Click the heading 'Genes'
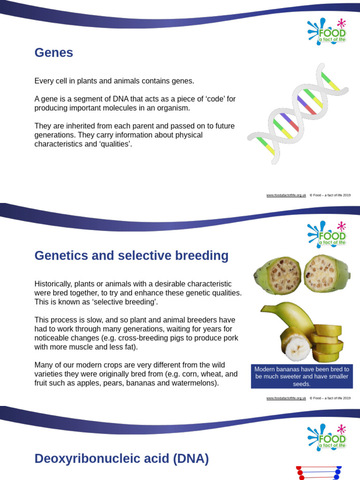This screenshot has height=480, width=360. (54, 53)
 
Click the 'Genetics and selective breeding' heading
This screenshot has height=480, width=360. (131, 256)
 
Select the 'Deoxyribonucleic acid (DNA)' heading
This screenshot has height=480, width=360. (121, 458)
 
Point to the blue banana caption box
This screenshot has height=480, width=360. (302, 376)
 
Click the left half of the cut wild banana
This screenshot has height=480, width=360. (277, 275)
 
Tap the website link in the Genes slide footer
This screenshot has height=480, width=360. (286, 195)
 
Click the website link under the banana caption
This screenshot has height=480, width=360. (286, 398)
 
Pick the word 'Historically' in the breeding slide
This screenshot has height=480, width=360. (52, 284)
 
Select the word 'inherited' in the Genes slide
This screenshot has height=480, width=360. (79, 126)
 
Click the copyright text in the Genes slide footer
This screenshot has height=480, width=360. (330, 195)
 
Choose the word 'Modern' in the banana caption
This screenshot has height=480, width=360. (264, 369)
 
